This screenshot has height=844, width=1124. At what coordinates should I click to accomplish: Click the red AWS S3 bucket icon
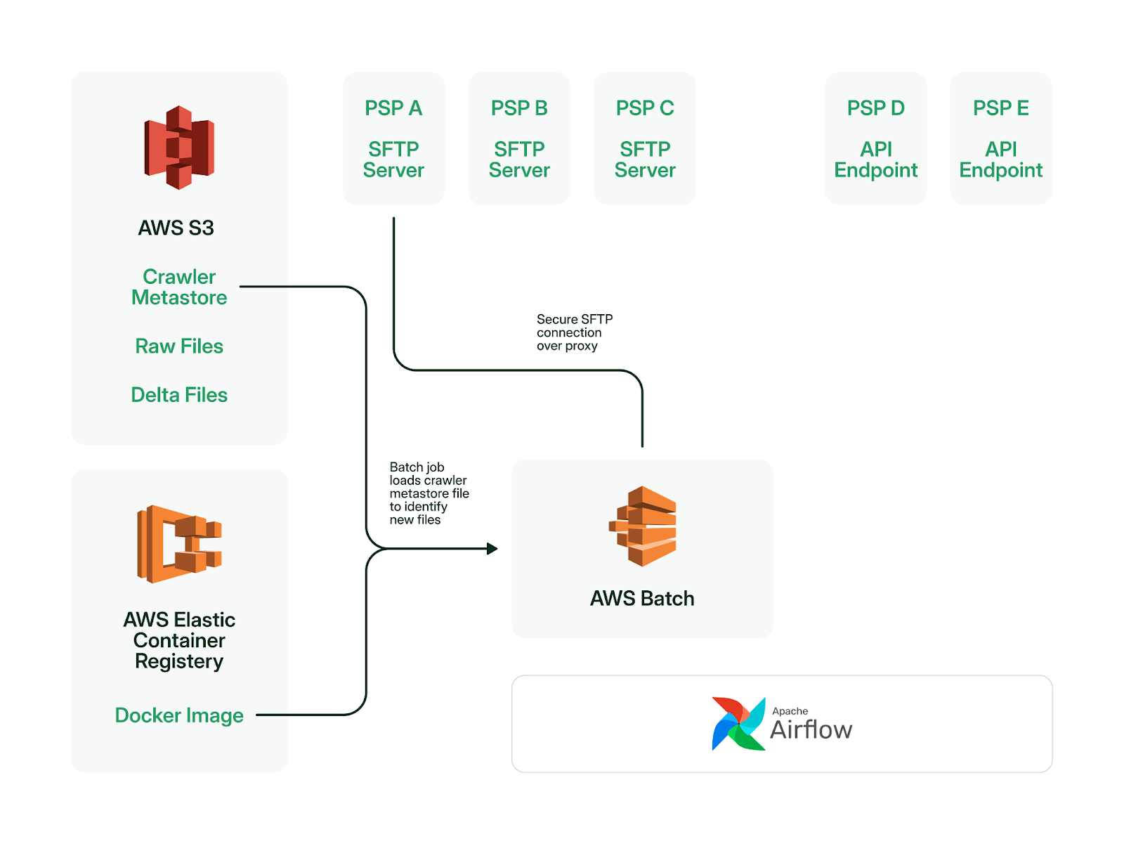coord(178,148)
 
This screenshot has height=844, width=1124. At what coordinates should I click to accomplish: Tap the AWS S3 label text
coord(176,228)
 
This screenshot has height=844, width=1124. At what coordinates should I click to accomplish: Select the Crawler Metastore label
coord(178,287)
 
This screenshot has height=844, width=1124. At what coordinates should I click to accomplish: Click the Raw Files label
coord(178,346)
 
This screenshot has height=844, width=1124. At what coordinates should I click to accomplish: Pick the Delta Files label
coord(178,395)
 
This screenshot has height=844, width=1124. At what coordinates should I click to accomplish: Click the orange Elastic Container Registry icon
coord(178,544)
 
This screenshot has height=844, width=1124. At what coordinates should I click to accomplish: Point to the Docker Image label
coord(178,715)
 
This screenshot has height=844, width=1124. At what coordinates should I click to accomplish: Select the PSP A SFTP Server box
coord(393,138)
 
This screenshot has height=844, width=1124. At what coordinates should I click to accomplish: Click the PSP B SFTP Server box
coord(518,138)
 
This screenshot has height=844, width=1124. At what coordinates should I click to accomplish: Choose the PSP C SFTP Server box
coord(645,138)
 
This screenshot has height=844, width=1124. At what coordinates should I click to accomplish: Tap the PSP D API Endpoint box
coord(875,138)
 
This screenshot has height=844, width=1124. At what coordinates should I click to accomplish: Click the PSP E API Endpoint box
coord(1000,138)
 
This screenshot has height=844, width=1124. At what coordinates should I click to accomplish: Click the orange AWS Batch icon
coord(642,526)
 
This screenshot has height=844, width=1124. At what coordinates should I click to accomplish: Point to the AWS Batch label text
coord(642,598)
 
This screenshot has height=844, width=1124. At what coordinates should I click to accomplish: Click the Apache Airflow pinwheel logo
coord(738,724)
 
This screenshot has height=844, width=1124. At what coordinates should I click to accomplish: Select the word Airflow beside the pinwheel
coord(811,729)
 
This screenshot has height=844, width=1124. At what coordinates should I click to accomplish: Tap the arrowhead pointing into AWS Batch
coord(492,549)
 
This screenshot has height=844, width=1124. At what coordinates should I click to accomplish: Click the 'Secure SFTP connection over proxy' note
coord(575,332)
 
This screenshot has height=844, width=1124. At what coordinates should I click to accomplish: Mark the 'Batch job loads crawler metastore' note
coord(429,493)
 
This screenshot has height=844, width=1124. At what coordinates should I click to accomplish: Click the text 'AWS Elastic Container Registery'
coord(178,641)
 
